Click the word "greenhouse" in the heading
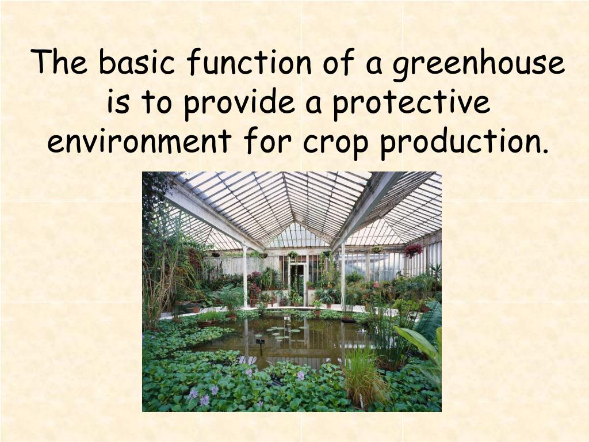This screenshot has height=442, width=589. tap(479, 63)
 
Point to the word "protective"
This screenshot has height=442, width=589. tap(411, 102)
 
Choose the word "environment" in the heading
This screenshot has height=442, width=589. tap(139, 142)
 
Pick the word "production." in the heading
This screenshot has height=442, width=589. tap(464, 142)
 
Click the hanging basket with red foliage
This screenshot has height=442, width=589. tap(413, 250)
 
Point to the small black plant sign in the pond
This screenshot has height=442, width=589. tap(260, 343)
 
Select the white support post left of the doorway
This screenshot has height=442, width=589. tap(245, 276)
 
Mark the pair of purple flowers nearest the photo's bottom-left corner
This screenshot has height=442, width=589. tap(198, 396)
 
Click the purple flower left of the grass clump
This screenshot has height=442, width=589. tap(300, 375)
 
